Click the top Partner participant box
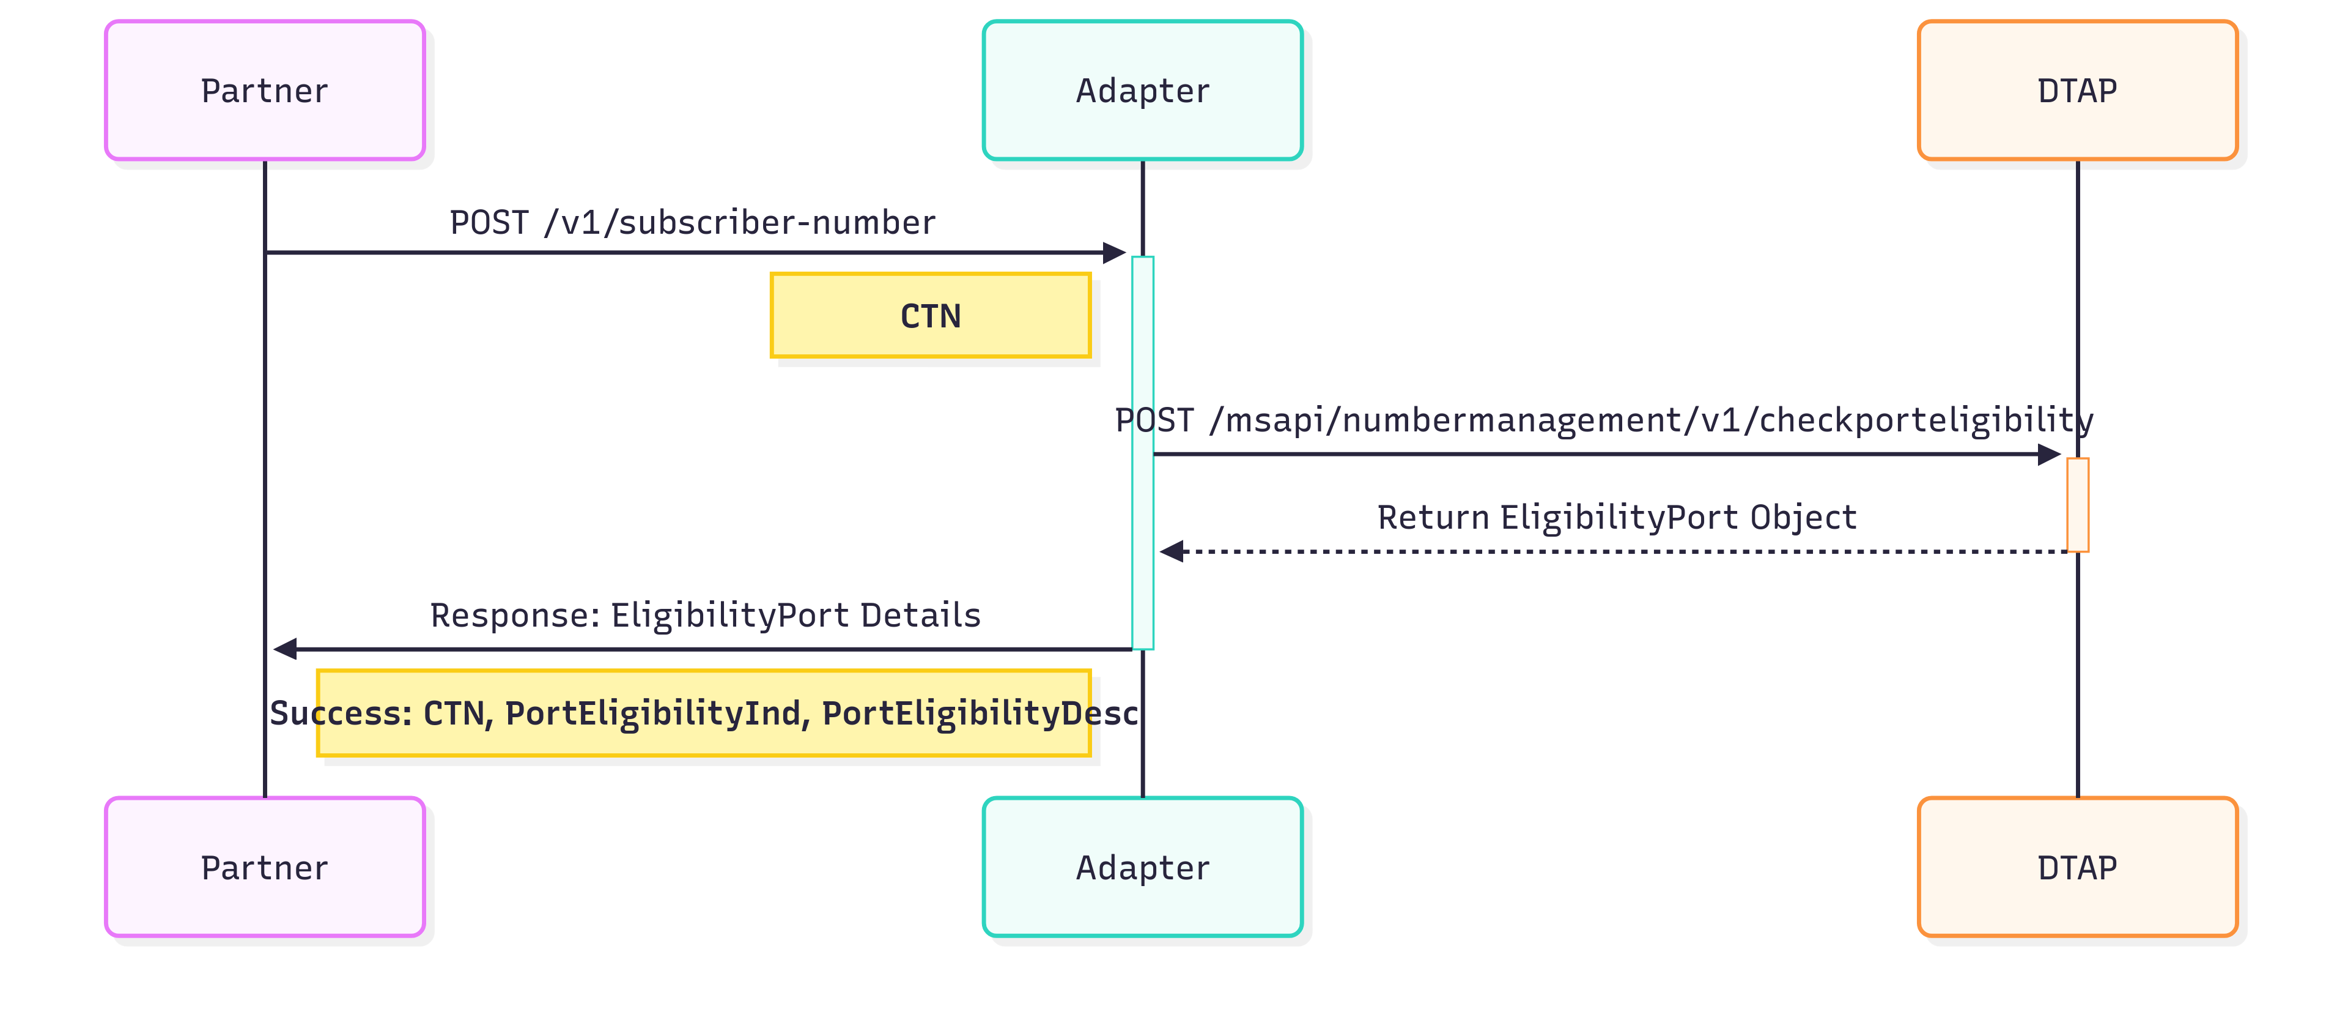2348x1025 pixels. point(264,91)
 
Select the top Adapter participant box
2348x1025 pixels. point(1142,91)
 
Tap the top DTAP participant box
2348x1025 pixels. point(2077,91)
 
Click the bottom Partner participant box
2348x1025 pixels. point(264,867)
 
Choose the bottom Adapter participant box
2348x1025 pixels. point(1142,867)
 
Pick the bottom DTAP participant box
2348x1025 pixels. point(2077,867)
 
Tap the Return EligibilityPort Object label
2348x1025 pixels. point(1616,517)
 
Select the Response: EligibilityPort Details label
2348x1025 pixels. point(704,616)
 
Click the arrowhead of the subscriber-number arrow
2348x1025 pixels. point(1114,253)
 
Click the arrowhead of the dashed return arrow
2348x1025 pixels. point(1172,552)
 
